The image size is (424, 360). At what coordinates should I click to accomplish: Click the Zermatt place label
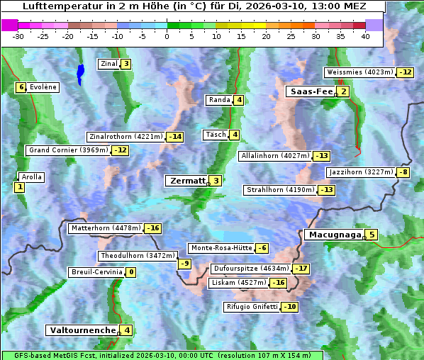coord(186,181)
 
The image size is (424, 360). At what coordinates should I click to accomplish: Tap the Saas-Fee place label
coord(309,91)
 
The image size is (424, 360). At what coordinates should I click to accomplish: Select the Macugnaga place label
coord(333,235)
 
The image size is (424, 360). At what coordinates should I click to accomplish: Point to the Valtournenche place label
coord(82,330)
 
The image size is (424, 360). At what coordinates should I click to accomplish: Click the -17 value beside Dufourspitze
coord(302,269)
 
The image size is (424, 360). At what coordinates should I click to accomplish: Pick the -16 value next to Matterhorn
coord(152,228)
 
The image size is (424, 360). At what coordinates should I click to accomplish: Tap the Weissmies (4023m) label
coord(359,72)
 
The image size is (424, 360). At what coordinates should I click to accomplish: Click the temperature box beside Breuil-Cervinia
coord(130,272)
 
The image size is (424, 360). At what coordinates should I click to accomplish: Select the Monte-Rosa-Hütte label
coord(221,248)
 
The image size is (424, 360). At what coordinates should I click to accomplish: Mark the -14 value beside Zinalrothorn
coord(174,137)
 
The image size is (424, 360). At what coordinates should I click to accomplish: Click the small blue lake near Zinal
coord(80,73)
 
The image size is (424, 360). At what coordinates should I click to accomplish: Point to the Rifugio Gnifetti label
coord(251,307)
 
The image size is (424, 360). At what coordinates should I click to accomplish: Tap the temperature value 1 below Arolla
coord(18,187)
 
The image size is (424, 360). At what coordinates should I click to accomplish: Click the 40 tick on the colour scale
coord(365,36)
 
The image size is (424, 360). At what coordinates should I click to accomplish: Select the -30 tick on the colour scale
coord(18,36)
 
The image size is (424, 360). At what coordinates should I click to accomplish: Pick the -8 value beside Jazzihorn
coord(403,172)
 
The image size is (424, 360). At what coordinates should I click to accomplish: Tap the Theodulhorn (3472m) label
coord(138,255)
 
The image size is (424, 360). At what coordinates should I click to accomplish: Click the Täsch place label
coord(214,135)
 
